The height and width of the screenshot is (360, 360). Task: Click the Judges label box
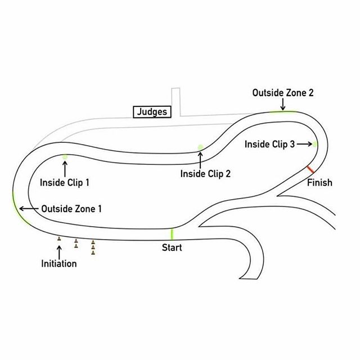[x=152, y=112]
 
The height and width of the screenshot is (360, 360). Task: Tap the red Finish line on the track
[x=310, y=169]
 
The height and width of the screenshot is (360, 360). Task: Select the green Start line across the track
[x=172, y=234]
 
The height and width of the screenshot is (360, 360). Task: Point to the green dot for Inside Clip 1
[x=65, y=157]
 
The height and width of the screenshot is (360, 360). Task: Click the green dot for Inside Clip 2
[x=200, y=148]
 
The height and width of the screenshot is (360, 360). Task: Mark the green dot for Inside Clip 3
[x=315, y=145]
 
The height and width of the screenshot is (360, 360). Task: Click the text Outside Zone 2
[x=282, y=93]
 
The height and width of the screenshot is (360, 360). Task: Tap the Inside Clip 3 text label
[x=269, y=145]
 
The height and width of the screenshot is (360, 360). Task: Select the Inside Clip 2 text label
[x=205, y=174]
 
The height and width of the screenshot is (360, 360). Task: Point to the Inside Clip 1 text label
[x=65, y=183]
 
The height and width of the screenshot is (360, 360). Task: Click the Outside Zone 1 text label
[x=71, y=209]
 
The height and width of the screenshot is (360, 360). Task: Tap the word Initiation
[x=59, y=263]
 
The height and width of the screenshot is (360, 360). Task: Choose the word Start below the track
[x=172, y=247]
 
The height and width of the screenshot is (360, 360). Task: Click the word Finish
[x=319, y=183]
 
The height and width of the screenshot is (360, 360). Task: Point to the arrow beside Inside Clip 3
[x=305, y=145]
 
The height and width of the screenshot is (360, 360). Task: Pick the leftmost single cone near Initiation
[x=59, y=239]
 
